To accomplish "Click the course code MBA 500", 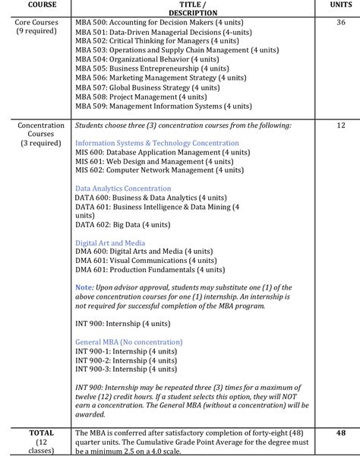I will (x=91, y=23).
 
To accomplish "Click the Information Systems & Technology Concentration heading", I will (x=157, y=143).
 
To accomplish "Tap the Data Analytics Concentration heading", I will (x=123, y=189).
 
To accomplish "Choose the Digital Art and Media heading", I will (x=110, y=243).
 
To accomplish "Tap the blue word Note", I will (x=84, y=287).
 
